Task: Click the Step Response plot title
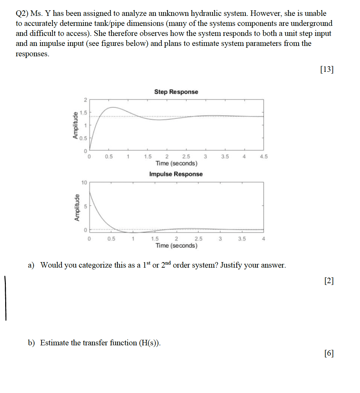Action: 176,92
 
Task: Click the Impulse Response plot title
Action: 176,174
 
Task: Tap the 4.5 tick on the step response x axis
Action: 263,156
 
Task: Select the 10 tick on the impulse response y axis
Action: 84,182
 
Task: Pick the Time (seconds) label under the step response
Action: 176,163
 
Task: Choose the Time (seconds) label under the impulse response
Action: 176,246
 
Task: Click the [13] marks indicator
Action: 327,69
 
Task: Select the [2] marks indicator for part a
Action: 329,281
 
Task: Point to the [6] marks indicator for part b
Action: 329,353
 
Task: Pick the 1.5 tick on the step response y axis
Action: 83,113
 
